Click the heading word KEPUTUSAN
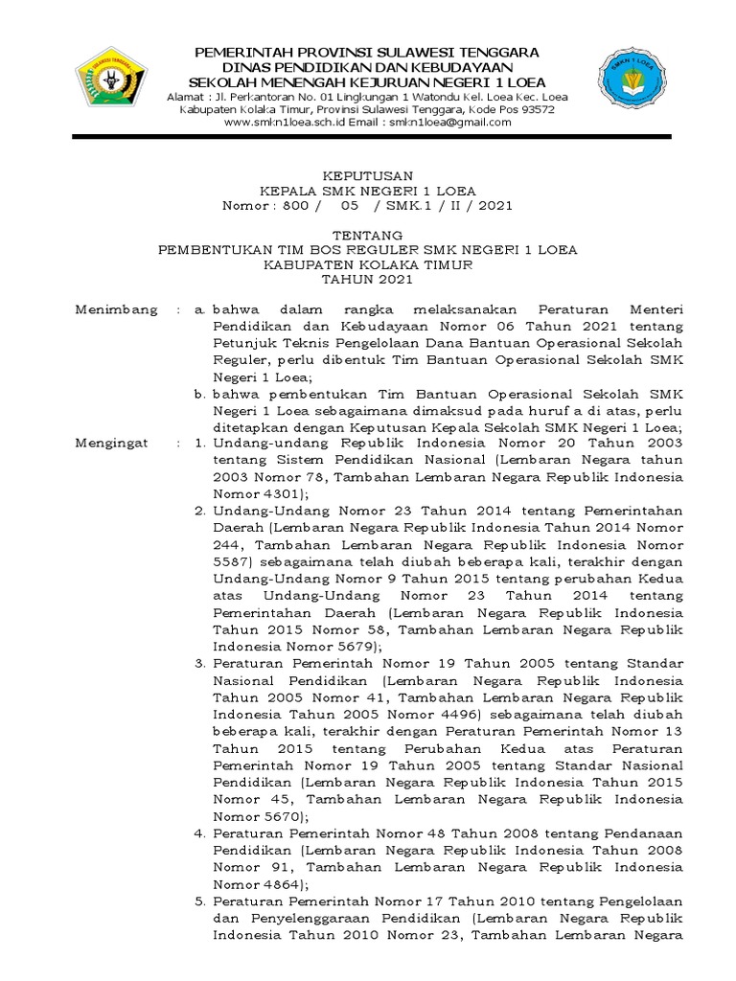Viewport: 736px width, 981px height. click(x=368, y=176)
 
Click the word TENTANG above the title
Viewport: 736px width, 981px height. click(x=368, y=235)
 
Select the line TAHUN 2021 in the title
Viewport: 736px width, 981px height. click(x=368, y=280)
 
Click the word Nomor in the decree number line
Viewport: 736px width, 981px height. click(x=248, y=205)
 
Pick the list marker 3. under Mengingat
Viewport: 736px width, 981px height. click(x=200, y=663)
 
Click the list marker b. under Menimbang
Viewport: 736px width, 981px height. click(x=199, y=393)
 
